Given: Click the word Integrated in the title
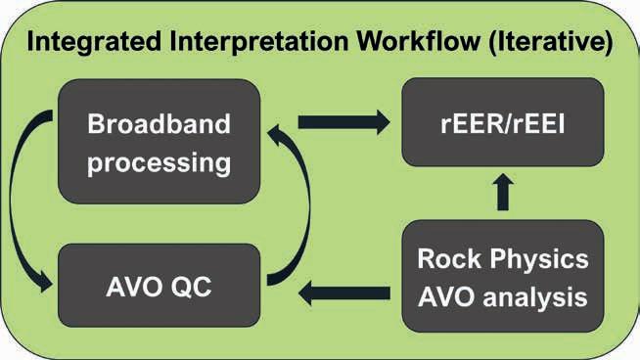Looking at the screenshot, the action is pyautogui.click(x=94, y=41).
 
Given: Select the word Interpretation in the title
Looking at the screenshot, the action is pyautogui.click(x=258, y=41).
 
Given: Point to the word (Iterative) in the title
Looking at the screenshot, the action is pyautogui.click(x=551, y=42).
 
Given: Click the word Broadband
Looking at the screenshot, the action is pyautogui.click(x=159, y=124).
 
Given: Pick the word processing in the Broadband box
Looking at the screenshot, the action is pyautogui.click(x=159, y=163).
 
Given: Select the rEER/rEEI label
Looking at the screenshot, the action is pyautogui.click(x=503, y=123).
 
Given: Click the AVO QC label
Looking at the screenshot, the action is pyautogui.click(x=159, y=287).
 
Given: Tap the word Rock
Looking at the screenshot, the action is pyautogui.click(x=449, y=259).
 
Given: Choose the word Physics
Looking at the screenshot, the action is pyautogui.click(x=539, y=260).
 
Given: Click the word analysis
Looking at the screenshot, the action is pyautogui.click(x=535, y=297).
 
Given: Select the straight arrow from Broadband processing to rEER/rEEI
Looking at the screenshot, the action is pyautogui.click(x=344, y=122).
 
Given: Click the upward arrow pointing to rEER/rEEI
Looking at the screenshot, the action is pyautogui.click(x=503, y=192).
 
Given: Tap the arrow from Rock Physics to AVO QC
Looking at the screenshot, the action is pyautogui.click(x=344, y=293).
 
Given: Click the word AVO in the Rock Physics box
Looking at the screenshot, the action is pyautogui.click(x=446, y=297).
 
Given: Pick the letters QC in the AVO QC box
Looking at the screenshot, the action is pyautogui.click(x=192, y=287).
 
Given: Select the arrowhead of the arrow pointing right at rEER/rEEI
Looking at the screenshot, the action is pyautogui.click(x=383, y=122).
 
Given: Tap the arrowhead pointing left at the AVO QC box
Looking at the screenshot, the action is pyautogui.click(x=305, y=293).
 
